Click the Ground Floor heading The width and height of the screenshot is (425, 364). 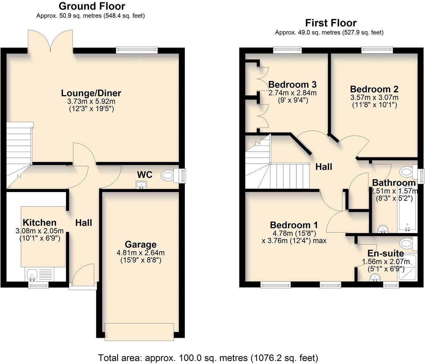pos(92,6)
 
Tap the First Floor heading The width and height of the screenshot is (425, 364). pos(330,23)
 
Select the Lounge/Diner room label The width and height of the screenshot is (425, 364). pos(91,93)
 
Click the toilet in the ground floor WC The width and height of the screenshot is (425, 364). pos(168,175)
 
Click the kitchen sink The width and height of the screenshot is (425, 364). pos(32,275)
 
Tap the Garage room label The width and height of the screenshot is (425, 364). pos(140,245)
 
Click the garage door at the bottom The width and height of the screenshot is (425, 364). pos(139,332)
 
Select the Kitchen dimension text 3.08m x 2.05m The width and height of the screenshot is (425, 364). pos(39,231)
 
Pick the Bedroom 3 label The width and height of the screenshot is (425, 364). pos(292,85)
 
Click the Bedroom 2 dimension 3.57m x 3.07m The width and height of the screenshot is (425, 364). pos(374,98)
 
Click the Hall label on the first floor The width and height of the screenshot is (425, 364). pos(324,167)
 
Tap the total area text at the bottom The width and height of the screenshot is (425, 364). pos(208,357)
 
